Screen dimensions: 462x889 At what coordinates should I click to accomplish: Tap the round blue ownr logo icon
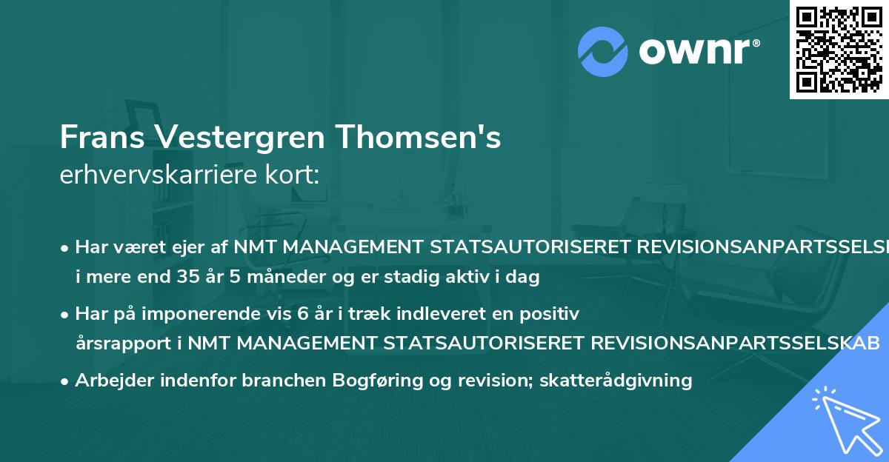pyautogui.click(x=602, y=50)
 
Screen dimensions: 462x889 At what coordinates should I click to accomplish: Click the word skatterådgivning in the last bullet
pyautogui.click(x=616, y=381)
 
